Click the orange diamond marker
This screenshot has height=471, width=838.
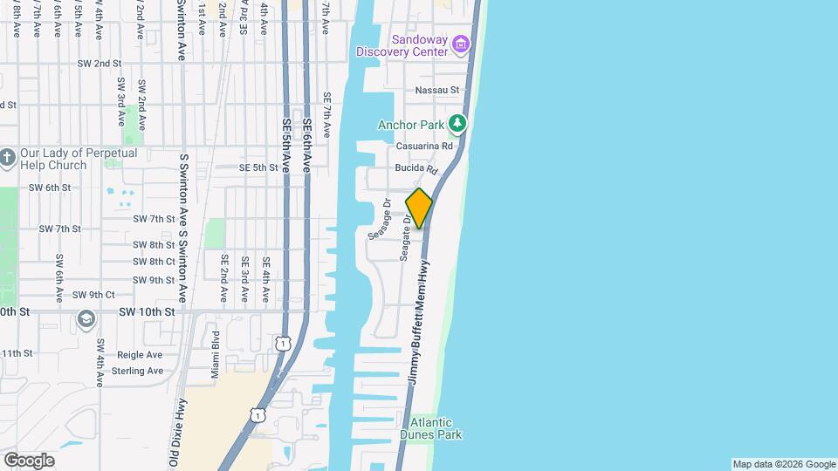pos(419,208)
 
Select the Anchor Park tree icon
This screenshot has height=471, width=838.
pos(456,124)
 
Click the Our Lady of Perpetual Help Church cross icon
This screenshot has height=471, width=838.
pos(8,159)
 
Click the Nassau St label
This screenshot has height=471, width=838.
pos(437,90)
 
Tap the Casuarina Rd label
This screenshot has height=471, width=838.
pos(425,147)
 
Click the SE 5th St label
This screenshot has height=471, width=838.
pos(258,167)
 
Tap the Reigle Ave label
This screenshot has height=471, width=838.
pos(141,355)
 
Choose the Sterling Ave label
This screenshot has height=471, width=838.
pos(139,371)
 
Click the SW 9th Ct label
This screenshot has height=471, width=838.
pos(93,295)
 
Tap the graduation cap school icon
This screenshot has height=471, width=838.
pos(86,318)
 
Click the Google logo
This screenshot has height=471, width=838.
pos(29,461)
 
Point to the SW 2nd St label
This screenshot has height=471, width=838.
pos(99,64)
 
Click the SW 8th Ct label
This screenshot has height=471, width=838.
pos(154,262)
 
